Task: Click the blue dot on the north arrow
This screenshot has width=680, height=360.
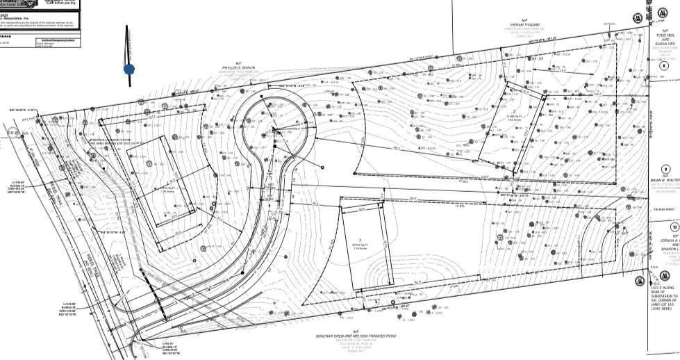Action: [129, 69]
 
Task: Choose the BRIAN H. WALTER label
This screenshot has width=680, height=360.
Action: [664, 180]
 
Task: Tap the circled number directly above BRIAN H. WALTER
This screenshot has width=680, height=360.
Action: [665, 169]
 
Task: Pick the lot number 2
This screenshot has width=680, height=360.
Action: [513, 111]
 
